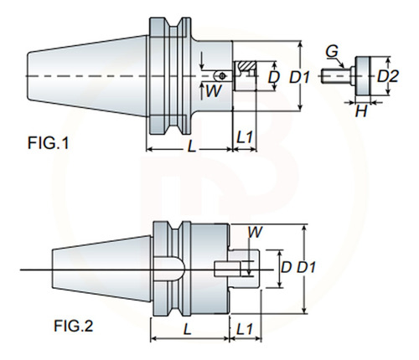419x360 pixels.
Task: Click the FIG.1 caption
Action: (48, 143)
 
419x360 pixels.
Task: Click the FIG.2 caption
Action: (73, 326)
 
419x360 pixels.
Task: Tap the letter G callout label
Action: (332, 52)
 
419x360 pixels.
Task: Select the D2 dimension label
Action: (388, 76)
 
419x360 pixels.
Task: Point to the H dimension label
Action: (361, 112)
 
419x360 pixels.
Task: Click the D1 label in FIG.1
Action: (299, 77)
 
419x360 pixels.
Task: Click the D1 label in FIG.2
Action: (306, 267)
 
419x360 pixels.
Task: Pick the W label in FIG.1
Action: (214, 91)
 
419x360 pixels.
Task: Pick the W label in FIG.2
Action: (255, 232)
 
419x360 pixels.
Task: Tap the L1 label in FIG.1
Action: (245, 137)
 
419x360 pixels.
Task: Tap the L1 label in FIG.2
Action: (245, 329)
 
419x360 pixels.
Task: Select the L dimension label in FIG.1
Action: (191, 146)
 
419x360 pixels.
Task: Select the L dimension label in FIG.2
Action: (187, 329)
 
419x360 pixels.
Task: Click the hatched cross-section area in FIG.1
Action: (246, 66)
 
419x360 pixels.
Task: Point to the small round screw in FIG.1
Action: (222, 75)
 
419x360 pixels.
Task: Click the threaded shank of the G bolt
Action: (335, 76)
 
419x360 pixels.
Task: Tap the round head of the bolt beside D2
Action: (363, 75)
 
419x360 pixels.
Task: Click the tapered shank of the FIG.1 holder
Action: (87, 75)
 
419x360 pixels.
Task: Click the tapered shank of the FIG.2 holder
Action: (101, 269)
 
